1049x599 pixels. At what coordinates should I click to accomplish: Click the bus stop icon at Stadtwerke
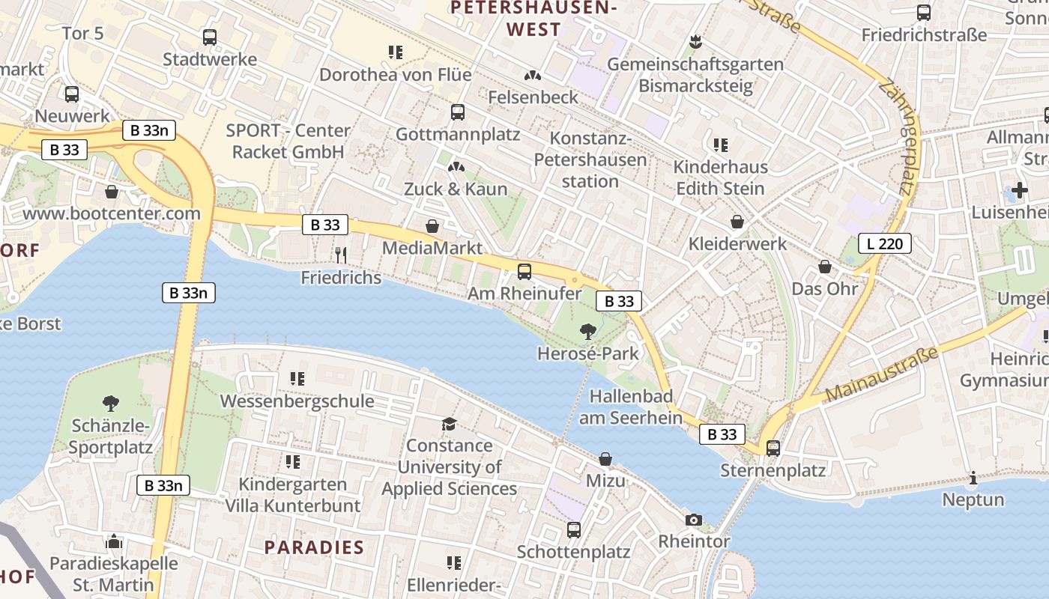[210, 37]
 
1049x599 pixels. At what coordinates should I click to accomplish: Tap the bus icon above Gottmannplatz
[458, 112]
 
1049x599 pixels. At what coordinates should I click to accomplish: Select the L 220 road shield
[884, 243]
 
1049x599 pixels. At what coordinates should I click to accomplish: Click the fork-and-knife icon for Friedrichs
[341, 255]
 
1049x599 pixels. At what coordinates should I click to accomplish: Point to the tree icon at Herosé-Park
[588, 331]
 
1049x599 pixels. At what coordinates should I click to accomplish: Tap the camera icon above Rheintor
[694, 520]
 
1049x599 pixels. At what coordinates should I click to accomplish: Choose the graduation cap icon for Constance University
[449, 424]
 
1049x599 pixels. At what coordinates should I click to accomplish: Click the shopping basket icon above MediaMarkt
[432, 225]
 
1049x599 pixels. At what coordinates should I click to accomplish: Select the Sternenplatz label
[773, 470]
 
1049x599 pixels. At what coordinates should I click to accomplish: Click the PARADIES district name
[314, 547]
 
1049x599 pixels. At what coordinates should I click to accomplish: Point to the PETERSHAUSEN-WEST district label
[533, 19]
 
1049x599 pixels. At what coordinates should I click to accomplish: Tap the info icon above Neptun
[973, 478]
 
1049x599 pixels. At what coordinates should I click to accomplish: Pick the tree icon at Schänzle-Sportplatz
[111, 404]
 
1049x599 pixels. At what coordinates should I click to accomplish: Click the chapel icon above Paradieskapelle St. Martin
[114, 541]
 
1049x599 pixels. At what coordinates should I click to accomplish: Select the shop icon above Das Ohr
[825, 267]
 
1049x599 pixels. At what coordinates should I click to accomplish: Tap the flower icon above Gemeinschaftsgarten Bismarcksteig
[695, 42]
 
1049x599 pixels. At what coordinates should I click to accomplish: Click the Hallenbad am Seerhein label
[631, 407]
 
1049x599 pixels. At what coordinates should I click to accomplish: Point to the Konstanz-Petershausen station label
[590, 159]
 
